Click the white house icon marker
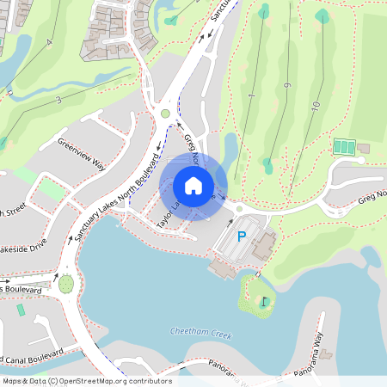pos(193,186)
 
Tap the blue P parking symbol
pos(242,236)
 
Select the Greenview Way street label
pos(80,152)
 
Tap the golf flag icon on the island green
pos(264,302)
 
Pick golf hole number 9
pos(286,85)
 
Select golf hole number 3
pos(58,101)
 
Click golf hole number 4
pos(50,42)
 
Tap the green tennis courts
pos(343,147)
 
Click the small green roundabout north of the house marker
pos(165,113)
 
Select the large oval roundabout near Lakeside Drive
pos(66,282)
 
